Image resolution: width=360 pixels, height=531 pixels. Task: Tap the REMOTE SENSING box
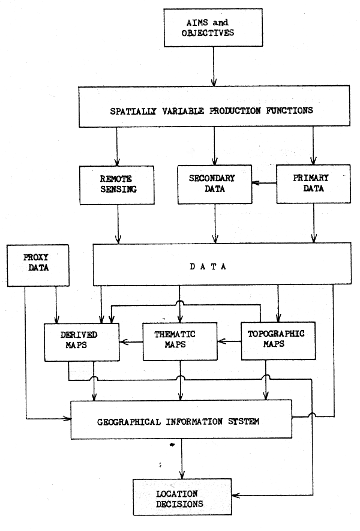[x=116, y=184]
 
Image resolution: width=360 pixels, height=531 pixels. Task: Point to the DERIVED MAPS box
[x=81, y=342]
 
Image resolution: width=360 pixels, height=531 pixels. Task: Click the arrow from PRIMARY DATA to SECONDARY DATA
[x=263, y=184]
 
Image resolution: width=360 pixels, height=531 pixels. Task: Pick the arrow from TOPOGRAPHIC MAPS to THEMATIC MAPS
[x=230, y=342]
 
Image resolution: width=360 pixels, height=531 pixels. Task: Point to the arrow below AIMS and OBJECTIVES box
[x=214, y=65]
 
